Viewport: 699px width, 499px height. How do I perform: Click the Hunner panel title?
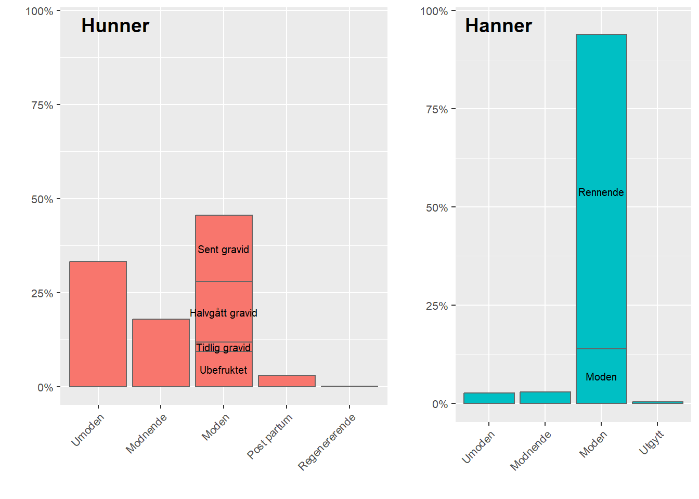coord(115,25)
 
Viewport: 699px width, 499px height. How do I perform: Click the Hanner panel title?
coord(498,25)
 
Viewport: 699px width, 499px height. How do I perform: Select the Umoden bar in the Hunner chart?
coord(98,324)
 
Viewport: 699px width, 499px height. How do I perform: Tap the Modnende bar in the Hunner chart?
coord(161,353)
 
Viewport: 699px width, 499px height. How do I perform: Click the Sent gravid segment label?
coord(223,249)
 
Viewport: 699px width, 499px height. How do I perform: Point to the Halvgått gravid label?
coord(223,313)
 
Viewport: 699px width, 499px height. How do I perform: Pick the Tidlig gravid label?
coord(223,348)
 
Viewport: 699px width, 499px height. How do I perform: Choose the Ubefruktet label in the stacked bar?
coord(223,370)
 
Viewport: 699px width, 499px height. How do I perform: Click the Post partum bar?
coord(287,381)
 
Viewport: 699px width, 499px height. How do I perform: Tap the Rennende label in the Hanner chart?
coord(601,192)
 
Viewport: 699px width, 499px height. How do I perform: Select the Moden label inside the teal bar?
coord(601,377)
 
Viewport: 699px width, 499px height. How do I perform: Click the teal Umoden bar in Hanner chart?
coord(489,398)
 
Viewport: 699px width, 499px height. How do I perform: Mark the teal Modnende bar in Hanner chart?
coord(545,398)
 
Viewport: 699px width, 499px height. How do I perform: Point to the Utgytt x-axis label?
coord(652,442)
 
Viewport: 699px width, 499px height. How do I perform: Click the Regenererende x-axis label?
coord(327,442)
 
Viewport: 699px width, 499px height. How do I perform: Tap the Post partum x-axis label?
coord(270,436)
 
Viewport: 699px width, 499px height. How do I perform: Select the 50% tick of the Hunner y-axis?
coord(42,199)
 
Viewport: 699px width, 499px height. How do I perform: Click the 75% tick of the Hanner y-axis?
coord(436,109)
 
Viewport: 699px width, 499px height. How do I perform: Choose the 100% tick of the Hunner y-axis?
coord(40,11)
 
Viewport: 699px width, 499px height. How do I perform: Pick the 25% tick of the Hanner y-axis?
coord(436,306)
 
